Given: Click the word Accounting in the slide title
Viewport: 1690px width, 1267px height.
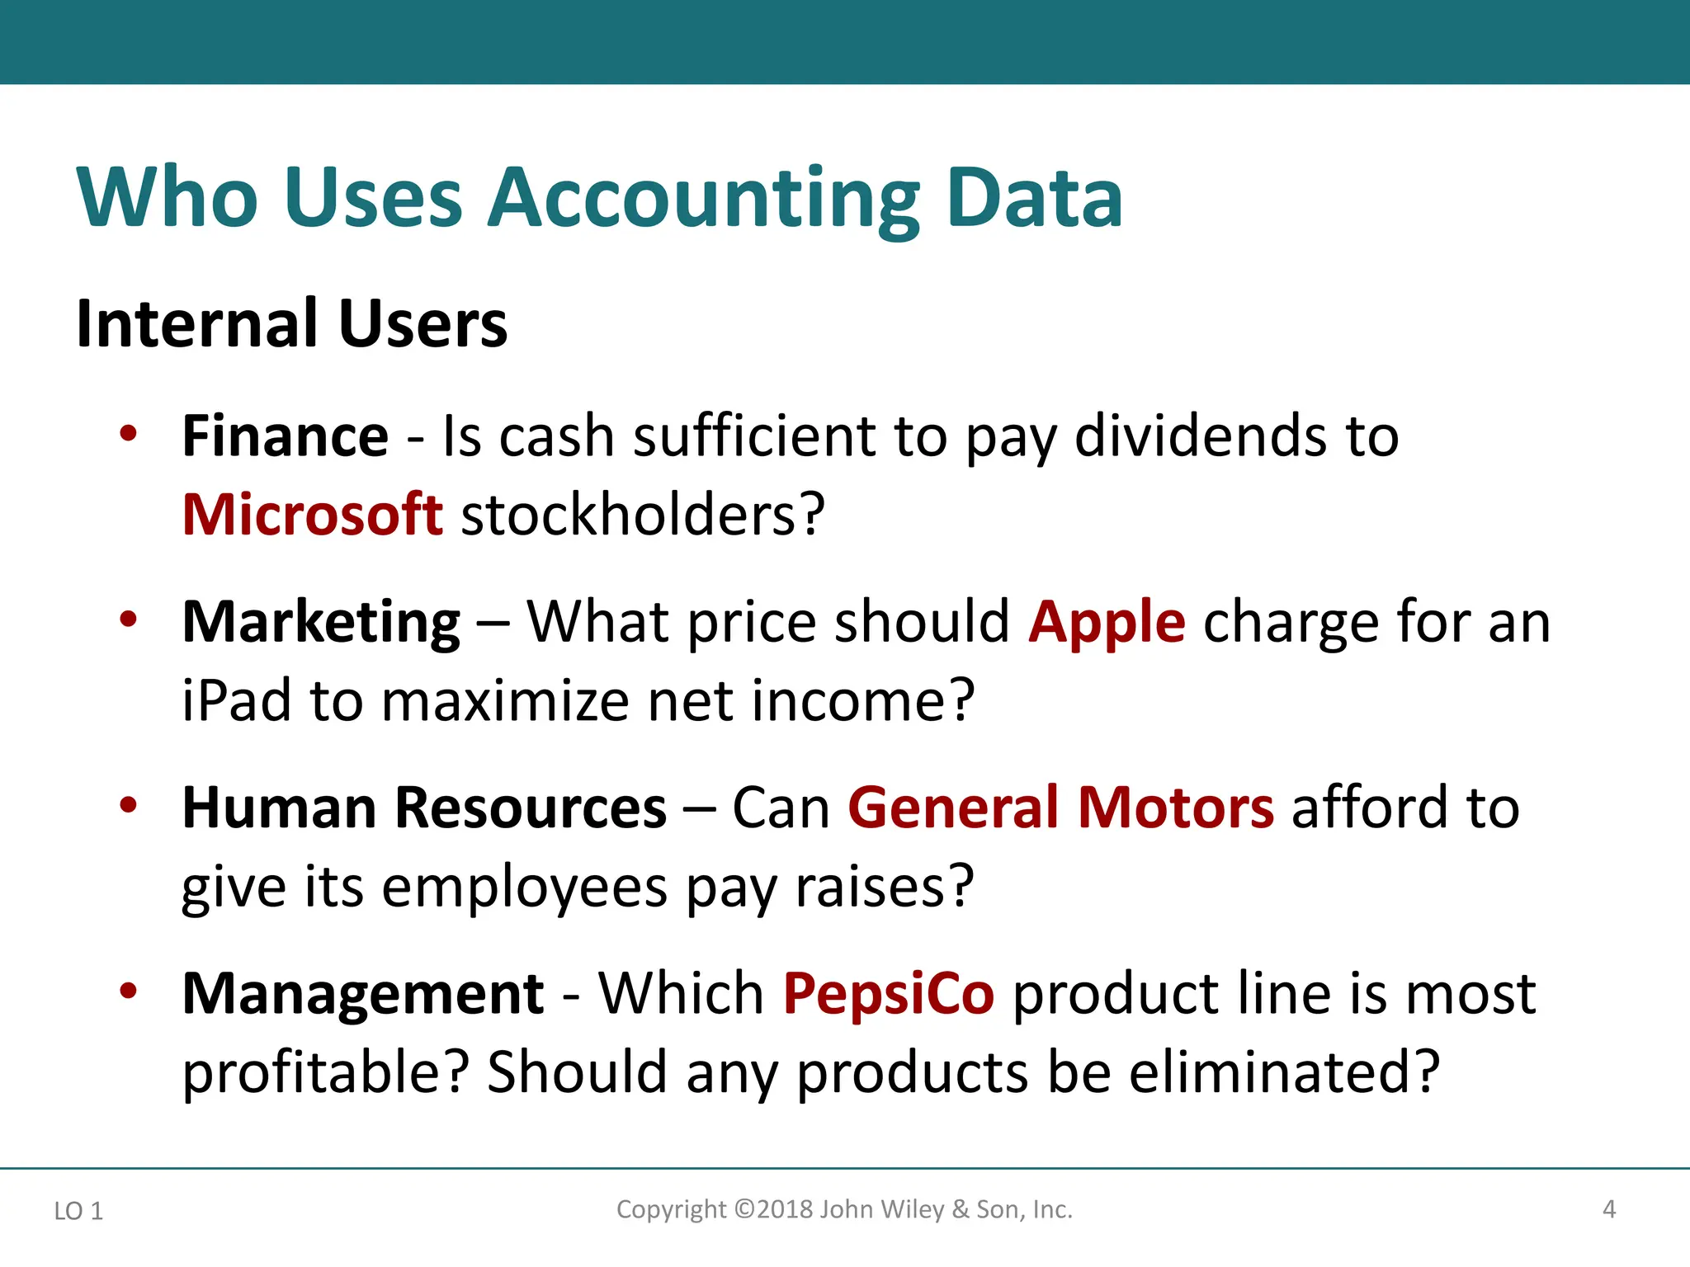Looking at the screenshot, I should tap(703, 200).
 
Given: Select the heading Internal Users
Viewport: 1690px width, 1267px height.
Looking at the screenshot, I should tap(291, 323).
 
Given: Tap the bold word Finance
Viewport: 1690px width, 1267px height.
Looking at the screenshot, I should tap(285, 436).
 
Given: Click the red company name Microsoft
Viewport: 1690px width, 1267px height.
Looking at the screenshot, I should tap(312, 515).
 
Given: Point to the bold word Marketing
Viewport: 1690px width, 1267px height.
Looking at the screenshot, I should tap(321, 622).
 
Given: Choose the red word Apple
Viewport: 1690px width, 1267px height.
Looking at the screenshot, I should tap(1107, 622).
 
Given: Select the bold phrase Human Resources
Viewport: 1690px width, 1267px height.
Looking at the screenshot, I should tap(424, 808).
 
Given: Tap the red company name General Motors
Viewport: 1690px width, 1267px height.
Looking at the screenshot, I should tap(1060, 808).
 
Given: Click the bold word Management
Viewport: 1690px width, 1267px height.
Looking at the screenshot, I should tap(363, 994).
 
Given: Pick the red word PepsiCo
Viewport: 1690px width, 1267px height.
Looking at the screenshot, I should tap(889, 994).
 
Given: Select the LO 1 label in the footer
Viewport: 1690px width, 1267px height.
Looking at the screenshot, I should tap(78, 1211).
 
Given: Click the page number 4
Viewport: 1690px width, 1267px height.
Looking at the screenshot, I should tap(1608, 1210).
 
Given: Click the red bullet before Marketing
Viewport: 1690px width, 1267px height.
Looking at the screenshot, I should tap(128, 619).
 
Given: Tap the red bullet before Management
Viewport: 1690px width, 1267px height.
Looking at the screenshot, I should tap(128, 991).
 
